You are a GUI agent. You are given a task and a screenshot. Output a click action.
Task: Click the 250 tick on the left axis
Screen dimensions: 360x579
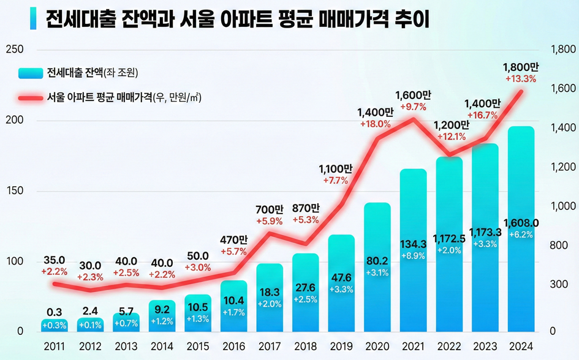14,50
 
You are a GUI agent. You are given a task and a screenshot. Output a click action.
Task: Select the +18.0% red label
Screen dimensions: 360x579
374,124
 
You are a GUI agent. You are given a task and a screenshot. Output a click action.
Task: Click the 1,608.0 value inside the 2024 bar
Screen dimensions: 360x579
521,222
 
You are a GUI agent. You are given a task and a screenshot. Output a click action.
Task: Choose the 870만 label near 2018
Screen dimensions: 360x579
306,208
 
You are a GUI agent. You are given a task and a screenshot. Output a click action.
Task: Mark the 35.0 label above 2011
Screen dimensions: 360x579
54,260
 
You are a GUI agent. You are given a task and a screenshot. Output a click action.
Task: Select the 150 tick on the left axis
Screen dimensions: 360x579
14,191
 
